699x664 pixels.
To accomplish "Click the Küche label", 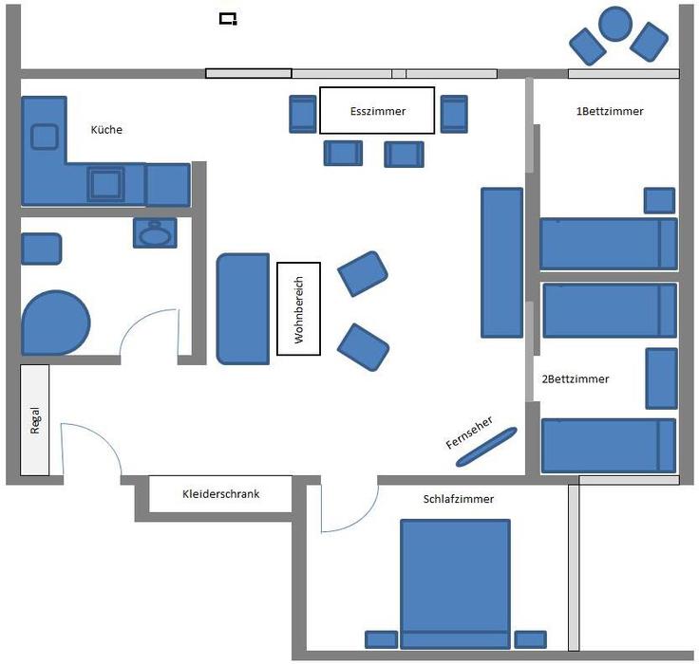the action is pos(106,130).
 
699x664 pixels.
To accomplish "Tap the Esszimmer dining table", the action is pos(377,110).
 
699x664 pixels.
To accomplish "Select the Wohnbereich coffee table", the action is pos(298,308).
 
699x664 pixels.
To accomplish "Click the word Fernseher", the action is pos(469,432).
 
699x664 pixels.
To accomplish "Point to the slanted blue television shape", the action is pos(486,447).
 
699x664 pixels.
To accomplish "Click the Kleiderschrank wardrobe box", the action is pos(220,494).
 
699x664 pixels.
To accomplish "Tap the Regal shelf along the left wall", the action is pos(35,420).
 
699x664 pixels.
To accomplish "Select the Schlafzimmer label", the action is pos(459,499).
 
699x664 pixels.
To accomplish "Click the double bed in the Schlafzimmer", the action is pos(455,583).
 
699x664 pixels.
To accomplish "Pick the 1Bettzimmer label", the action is pos(610,111).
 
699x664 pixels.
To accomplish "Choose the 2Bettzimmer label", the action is pos(576,379).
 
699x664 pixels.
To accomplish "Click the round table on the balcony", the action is pos(615,24).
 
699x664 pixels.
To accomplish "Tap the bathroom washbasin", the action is pos(155,233).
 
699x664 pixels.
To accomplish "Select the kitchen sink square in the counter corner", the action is pos(45,137).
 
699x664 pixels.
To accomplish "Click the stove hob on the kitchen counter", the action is pos(105,184).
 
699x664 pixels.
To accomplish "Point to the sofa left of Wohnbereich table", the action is pos(243,309).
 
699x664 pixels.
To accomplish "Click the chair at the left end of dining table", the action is pos(303,114).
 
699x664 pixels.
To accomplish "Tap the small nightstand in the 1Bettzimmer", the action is pos(659,200).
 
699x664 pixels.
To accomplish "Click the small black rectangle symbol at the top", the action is pos(228,19).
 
